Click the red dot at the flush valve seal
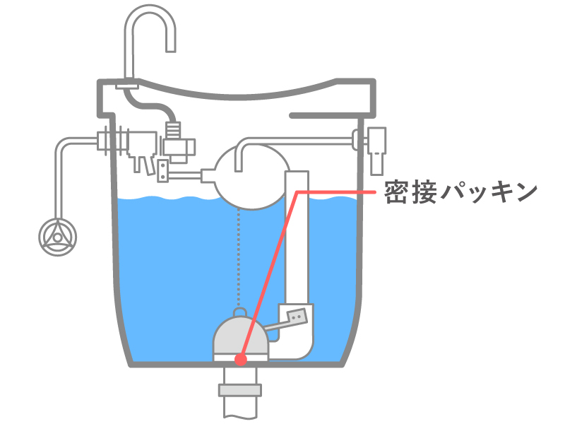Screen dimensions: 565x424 pyautogui.click(x=241, y=360)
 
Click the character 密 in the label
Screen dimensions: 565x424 pyautogui.click(x=396, y=192)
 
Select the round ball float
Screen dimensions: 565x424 pyautogui.click(x=251, y=177)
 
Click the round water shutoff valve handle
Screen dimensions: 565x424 pyautogui.click(x=58, y=237)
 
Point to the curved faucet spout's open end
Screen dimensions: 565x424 pyautogui.click(x=171, y=50)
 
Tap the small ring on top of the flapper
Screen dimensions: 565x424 pyautogui.click(x=240, y=312)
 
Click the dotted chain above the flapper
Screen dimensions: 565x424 pyautogui.click(x=238, y=258)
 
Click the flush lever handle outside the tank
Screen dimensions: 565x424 pyautogui.click(x=377, y=151)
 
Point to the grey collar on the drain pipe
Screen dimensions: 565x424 pyautogui.click(x=240, y=391)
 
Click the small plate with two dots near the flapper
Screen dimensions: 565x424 pyautogui.click(x=297, y=317)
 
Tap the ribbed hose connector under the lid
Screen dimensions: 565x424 pyautogui.click(x=173, y=130)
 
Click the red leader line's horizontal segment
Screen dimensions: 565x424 pyautogui.click(x=336, y=192)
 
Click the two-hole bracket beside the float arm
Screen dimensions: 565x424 pyautogui.click(x=163, y=170)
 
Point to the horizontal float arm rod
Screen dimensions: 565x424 pyautogui.click(x=184, y=175)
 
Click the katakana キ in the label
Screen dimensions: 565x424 pyautogui.click(x=500, y=192)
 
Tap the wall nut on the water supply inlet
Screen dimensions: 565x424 pyautogui.click(x=105, y=141)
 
